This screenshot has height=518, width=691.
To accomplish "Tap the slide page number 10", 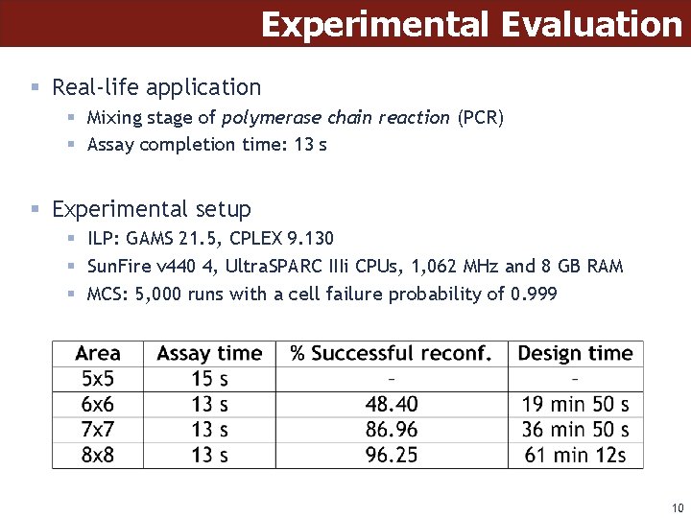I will point(677,507).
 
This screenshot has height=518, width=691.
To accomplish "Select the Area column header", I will point(98,354).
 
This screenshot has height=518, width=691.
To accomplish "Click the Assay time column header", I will point(209,354).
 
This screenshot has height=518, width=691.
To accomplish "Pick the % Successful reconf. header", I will point(391,354).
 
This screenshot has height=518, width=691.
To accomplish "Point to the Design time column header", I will point(575,354).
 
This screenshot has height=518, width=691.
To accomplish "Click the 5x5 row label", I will point(98,379).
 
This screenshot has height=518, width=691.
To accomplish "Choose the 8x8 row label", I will point(98,454).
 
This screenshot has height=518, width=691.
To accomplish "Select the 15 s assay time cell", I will point(209,379).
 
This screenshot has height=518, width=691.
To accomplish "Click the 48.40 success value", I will point(392,404).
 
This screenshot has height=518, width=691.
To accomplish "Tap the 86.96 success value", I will point(392,429).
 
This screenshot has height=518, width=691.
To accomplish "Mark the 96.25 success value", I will point(392,454).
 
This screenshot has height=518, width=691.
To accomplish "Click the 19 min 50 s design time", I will point(575,404).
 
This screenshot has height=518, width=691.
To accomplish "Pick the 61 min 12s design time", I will point(575,454).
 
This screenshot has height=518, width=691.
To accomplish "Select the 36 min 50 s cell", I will point(575,429).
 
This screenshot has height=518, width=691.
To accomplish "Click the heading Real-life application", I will point(156,87).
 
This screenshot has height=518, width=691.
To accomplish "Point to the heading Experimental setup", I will point(152,209).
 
